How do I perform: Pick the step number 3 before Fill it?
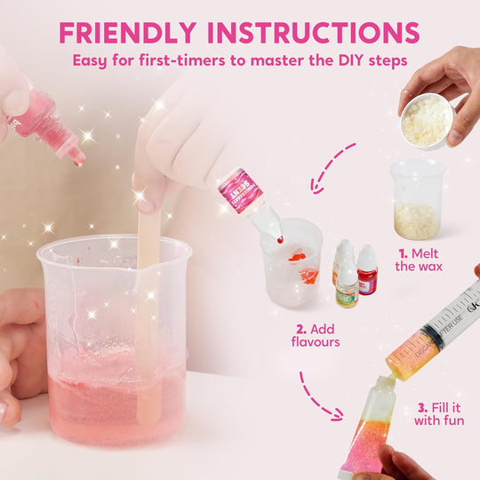tap(421, 408)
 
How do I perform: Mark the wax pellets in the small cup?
tap(416, 218)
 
